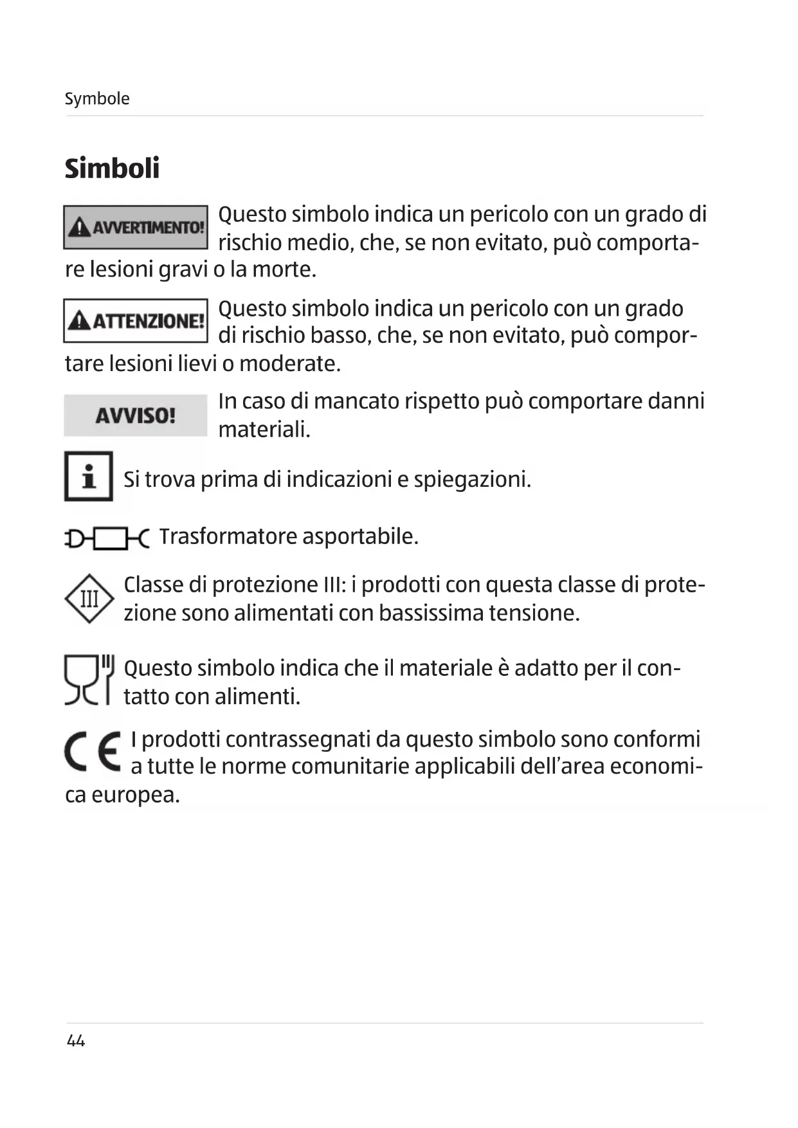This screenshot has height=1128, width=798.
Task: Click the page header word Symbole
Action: (x=97, y=99)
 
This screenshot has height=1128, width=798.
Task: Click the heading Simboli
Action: (x=112, y=168)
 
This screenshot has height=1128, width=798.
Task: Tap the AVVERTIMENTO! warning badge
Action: (x=136, y=227)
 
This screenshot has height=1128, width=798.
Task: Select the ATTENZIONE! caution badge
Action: (x=136, y=320)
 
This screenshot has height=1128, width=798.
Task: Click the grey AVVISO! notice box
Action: (x=136, y=415)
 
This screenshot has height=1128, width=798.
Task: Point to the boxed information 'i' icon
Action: (x=89, y=477)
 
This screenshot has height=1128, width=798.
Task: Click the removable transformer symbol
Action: (x=107, y=538)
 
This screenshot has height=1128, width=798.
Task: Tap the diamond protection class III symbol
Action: (x=89, y=599)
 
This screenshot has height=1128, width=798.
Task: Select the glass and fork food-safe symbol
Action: (x=89, y=680)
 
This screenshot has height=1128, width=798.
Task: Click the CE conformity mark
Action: (x=93, y=752)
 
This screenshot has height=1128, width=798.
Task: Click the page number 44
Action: (x=76, y=1041)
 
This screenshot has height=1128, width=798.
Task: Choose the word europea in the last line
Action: (x=135, y=796)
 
